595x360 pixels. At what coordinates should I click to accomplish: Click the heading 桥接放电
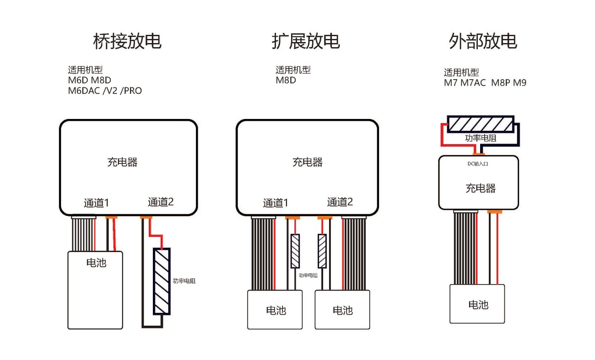(127, 42)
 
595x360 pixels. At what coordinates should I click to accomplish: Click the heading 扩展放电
(306, 42)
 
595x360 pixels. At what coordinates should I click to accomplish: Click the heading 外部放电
(483, 42)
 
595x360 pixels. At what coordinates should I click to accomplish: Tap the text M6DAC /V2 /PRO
(105, 91)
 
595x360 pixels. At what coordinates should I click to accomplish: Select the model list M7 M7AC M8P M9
(485, 83)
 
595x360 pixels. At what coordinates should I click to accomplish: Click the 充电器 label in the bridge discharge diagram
(123, 162)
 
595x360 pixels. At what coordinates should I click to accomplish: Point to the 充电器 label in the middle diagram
(307, 162)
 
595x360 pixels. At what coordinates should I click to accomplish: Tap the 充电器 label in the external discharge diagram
(481, 188)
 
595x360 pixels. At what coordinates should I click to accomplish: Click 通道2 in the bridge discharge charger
(161, 202)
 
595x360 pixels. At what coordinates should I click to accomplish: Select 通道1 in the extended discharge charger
(276, 203)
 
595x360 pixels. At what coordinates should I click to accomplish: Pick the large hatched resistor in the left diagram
(162, 281)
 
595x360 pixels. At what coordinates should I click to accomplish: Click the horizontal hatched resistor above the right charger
(481, 124)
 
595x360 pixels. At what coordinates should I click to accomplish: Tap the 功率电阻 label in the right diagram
(481, 138)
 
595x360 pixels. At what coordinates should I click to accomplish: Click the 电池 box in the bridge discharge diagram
(95, 289)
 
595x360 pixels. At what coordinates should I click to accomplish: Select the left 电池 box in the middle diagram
(275, 310)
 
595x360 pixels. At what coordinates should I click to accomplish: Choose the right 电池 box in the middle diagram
(342, 310)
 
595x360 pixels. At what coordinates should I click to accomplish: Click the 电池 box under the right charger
(477, 304)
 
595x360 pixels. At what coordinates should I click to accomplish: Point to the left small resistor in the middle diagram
(295, 251)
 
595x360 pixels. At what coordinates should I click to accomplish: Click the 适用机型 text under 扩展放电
(293, 70)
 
